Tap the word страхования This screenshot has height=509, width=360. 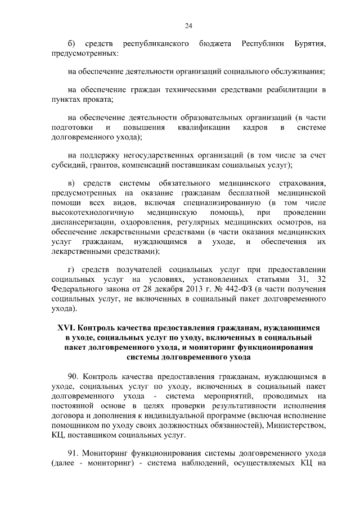tap(299, 183)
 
